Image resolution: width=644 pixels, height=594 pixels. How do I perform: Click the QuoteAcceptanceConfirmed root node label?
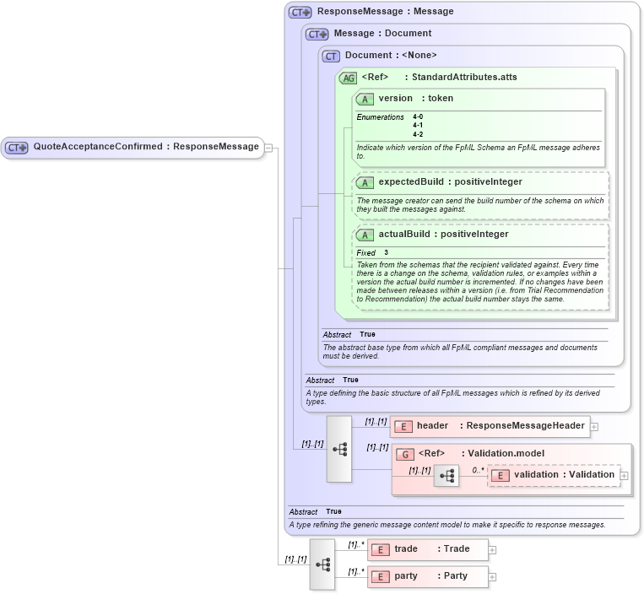145,147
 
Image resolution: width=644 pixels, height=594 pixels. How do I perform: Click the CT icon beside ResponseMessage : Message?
300,13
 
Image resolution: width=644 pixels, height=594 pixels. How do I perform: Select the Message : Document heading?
382,34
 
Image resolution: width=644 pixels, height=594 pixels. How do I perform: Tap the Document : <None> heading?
391,56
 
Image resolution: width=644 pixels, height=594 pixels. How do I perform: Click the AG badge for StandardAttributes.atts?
348,78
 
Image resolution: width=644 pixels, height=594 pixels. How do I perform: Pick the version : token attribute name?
415,99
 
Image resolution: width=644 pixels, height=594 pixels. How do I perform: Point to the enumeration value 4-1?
418,126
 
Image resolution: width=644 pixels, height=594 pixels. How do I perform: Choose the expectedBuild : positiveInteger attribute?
450,182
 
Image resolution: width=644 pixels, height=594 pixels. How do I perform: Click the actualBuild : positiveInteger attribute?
443,235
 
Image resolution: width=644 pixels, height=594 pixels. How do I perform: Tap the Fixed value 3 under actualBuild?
387,253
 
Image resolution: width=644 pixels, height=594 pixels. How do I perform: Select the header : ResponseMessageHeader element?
500,426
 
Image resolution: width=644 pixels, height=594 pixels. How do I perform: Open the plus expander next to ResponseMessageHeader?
594,427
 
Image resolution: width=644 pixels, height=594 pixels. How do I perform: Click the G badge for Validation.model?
405,454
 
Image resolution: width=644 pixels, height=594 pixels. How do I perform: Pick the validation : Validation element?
563,475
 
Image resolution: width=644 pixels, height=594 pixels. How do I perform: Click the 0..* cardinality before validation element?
477,470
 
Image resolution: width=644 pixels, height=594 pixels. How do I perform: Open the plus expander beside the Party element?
492,577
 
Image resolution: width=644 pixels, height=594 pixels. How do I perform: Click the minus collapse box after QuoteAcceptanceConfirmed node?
268,147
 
